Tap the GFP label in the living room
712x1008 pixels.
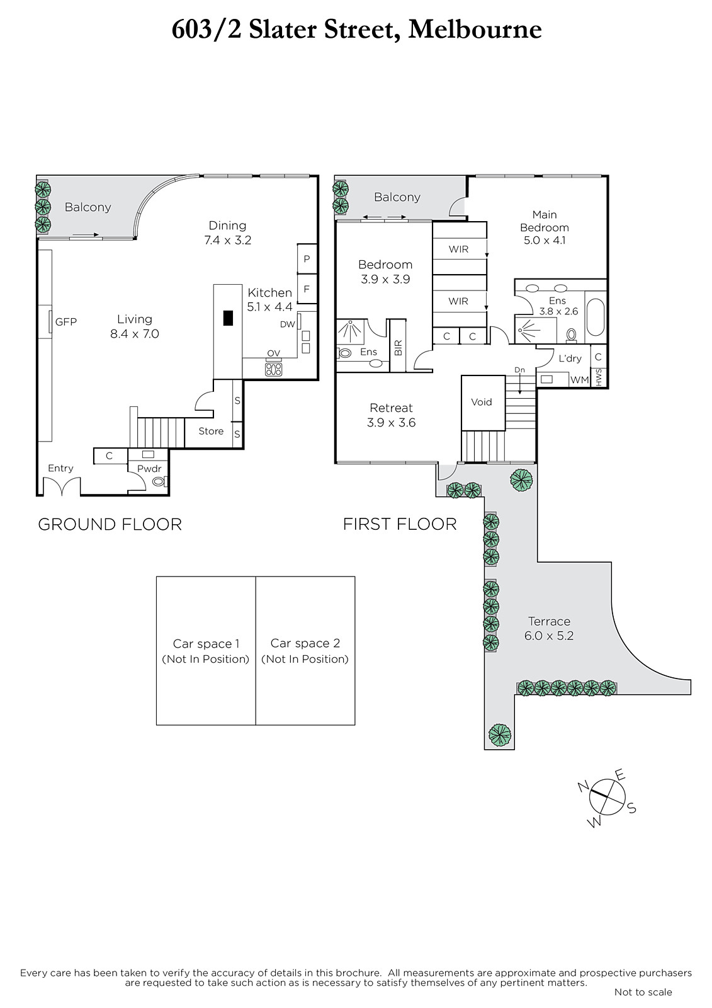pyautogui.click(x=66, y=322)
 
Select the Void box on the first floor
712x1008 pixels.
pyautogui.click(x=483, y=403)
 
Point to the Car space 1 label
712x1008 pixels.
pyautogui.click(x=206, y=643)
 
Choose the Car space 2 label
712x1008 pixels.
pyautogui.click(x=305, y=643)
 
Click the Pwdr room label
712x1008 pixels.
pyautogui.click(x=149, y=469)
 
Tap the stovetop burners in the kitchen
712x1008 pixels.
pyautogui.click(x=273, y=369)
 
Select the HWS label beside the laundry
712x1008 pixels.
pyautogui.click(x=598, y=377)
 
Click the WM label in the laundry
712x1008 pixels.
pyautogui.click(x=579, y=380)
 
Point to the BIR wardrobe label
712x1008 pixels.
pyautogui.click(x=398, y=348)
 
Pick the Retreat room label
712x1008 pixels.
pyautogui.click(x=391, y=408)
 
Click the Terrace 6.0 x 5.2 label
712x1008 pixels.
pyautogui.click(x=549, y=628)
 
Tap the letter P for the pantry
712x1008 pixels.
pyautogui.click(x=307, y=259)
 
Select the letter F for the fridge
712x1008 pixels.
pyautogui.click(x=307, y=289)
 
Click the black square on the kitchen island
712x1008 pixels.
pyautogui.click(x=229, y=318)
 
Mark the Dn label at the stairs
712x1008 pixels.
pyautogui.click(x=519, y=370)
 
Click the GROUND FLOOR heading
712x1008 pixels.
pyautogui.click(x=110, y=524)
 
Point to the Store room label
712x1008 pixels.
pyautogui.click(x=211, y=431)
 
